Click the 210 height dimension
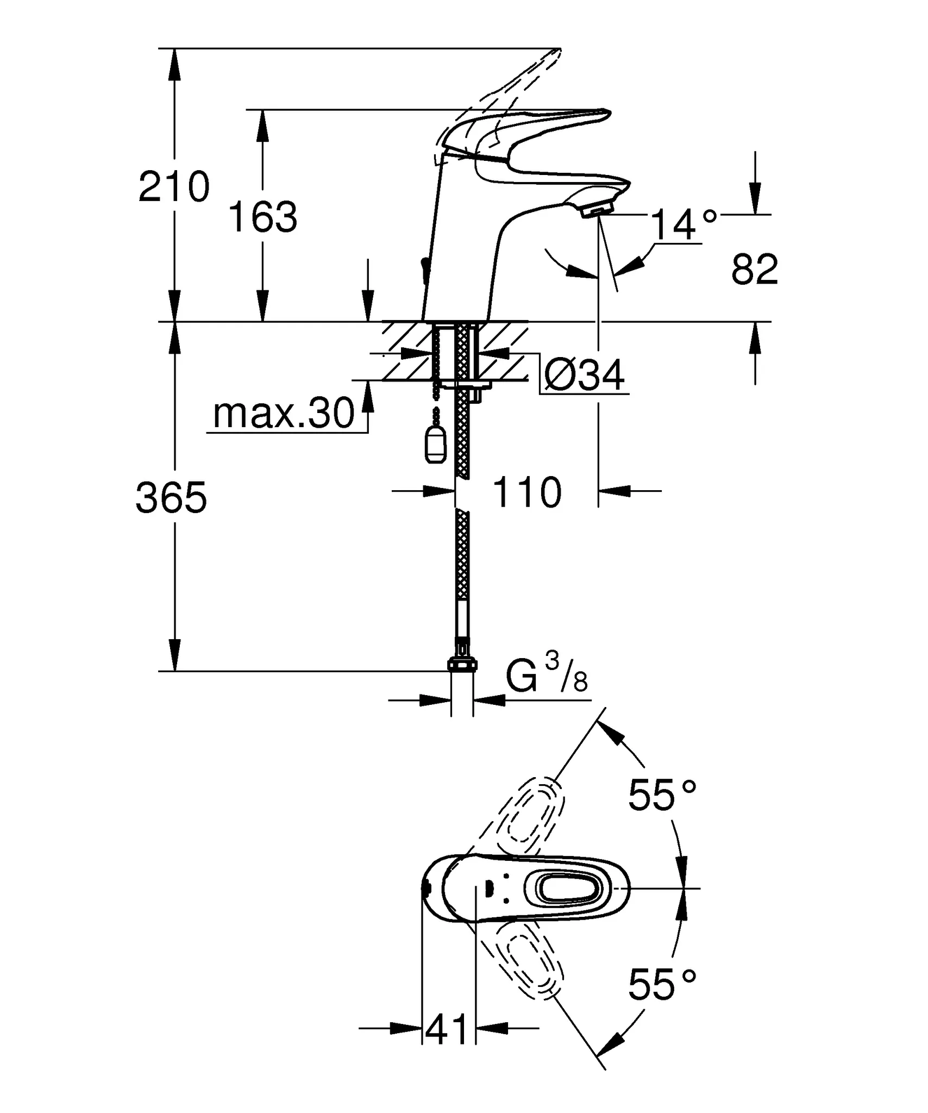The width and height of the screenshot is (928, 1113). [x=174, y=186]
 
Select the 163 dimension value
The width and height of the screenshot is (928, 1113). [x=263, y=217]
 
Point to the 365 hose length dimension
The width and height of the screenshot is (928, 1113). [x=172, y=497]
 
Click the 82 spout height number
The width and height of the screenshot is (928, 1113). [x=754, y=269]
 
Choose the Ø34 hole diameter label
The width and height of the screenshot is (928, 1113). [x=585, y=375]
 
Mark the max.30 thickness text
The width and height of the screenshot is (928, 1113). [x=284, y=414]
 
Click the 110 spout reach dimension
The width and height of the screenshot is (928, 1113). [x=526, y=492]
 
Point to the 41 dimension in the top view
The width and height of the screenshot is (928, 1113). [x=447, y=1028]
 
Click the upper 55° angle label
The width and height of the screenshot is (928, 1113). [x=662, y=795]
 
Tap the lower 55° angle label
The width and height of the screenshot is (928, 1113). [x=662, y=984]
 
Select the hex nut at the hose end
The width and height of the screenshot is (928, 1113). [x=462, y=664]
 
